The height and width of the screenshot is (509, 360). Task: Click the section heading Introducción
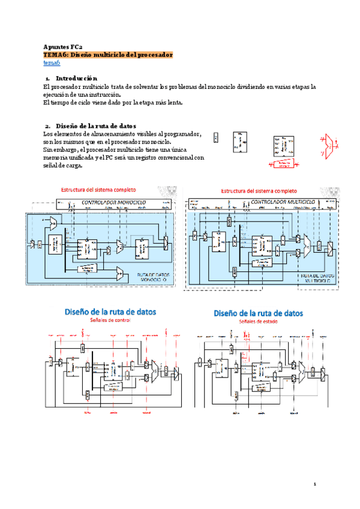(76, 79)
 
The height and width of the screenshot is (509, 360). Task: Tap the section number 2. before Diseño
(48, 125)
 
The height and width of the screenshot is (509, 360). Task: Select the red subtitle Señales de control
(110, 321)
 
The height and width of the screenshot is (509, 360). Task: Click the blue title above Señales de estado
(259, 313)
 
